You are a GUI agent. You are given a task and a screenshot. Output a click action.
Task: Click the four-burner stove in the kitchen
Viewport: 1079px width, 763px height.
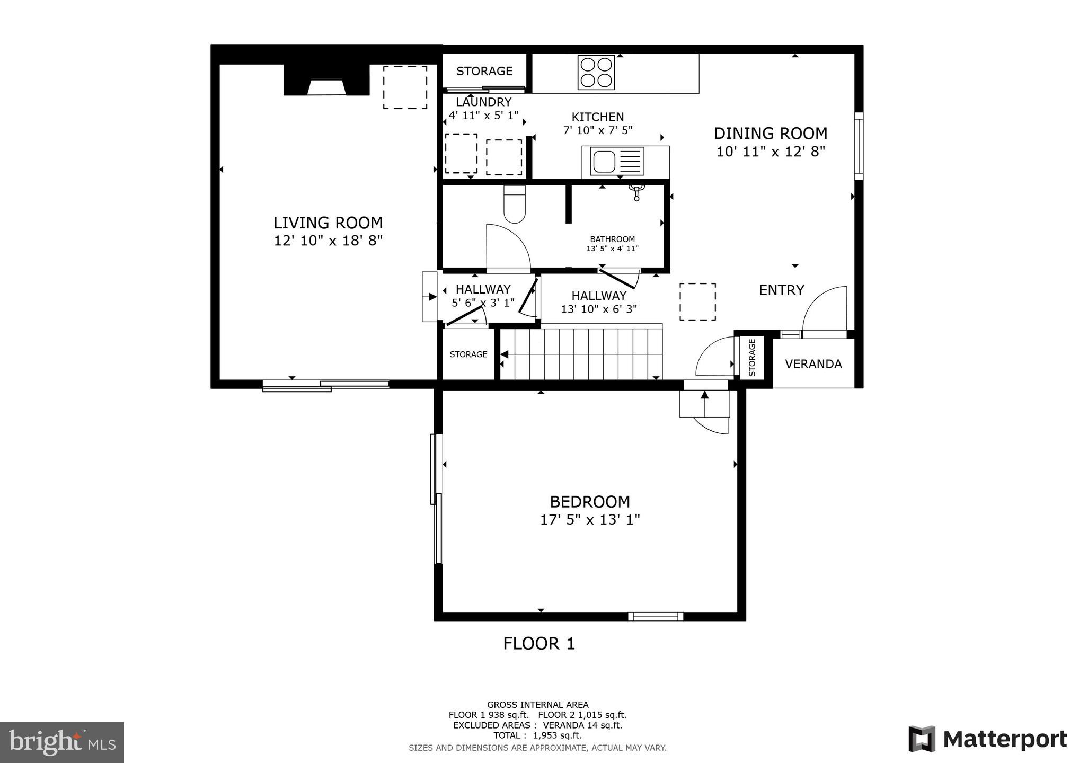(596, 73)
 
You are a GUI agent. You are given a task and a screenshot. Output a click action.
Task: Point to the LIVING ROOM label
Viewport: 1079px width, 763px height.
(328, 223)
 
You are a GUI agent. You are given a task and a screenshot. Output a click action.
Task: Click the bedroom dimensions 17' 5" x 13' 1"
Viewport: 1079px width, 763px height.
(590, 520)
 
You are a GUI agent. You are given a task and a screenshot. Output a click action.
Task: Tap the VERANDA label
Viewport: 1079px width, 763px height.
(813, 364)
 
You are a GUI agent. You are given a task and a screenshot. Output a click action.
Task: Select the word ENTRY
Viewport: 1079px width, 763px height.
(782, 290)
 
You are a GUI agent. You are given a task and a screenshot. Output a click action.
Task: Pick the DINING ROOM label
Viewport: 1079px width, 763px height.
(770, 134)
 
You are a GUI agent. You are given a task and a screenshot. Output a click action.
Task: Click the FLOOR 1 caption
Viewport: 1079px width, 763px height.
(538, 644)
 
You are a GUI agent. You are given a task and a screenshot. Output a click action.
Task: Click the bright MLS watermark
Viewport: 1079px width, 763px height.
(62, 742)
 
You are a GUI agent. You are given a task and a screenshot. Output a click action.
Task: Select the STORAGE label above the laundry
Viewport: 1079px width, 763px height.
(484, 71)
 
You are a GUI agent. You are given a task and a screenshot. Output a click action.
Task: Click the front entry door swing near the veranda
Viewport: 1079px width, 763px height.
(825, 310)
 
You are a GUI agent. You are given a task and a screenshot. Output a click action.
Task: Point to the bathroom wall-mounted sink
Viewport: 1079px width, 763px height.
(636, 192)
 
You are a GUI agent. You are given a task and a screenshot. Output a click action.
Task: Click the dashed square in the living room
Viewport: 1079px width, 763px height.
(405, 87)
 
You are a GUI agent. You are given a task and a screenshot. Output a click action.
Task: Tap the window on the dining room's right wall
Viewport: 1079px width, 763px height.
(859, 146)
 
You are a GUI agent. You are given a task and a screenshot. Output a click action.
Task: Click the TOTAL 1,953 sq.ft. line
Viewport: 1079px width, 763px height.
(537, 735)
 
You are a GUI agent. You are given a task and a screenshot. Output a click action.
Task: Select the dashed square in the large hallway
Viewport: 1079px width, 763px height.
(697, 301)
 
